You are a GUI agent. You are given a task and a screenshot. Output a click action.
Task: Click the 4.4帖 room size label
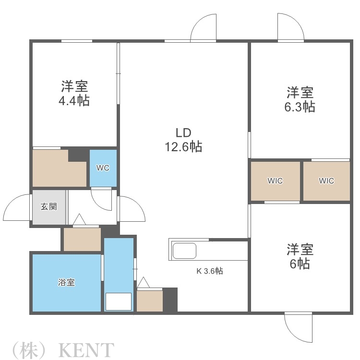(74, 101)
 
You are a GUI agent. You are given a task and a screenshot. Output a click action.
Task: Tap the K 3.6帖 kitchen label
(209, 271)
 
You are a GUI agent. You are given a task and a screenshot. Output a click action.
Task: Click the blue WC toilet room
(103, 168)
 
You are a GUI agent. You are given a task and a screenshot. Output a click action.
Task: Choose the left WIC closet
(275, 181)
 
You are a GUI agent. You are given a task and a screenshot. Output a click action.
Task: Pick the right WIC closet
(326, 181)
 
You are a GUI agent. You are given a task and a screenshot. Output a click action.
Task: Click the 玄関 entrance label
(48, 207)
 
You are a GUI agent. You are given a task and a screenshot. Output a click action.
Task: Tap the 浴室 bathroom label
(66, 282)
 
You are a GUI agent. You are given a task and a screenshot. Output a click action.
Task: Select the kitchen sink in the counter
(184, 251)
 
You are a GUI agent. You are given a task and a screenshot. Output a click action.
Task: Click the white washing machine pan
(118, 301)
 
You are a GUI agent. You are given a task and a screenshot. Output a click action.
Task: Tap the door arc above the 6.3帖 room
(290, 27)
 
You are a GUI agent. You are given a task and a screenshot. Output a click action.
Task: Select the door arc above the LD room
(204, 28)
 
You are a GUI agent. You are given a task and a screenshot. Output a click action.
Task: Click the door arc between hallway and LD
(132, 210)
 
